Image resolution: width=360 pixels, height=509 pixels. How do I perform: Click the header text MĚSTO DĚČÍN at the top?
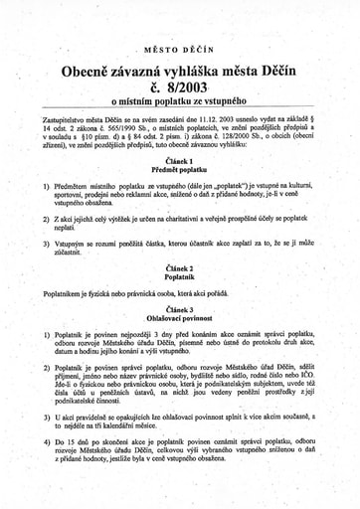[x=179, y=47]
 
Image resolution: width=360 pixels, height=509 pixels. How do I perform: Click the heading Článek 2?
[x=179, y=269]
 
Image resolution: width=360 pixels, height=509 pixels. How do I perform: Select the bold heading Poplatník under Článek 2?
[x=179, y=278]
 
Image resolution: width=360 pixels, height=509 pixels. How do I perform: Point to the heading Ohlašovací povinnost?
[x=179, y=319]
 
